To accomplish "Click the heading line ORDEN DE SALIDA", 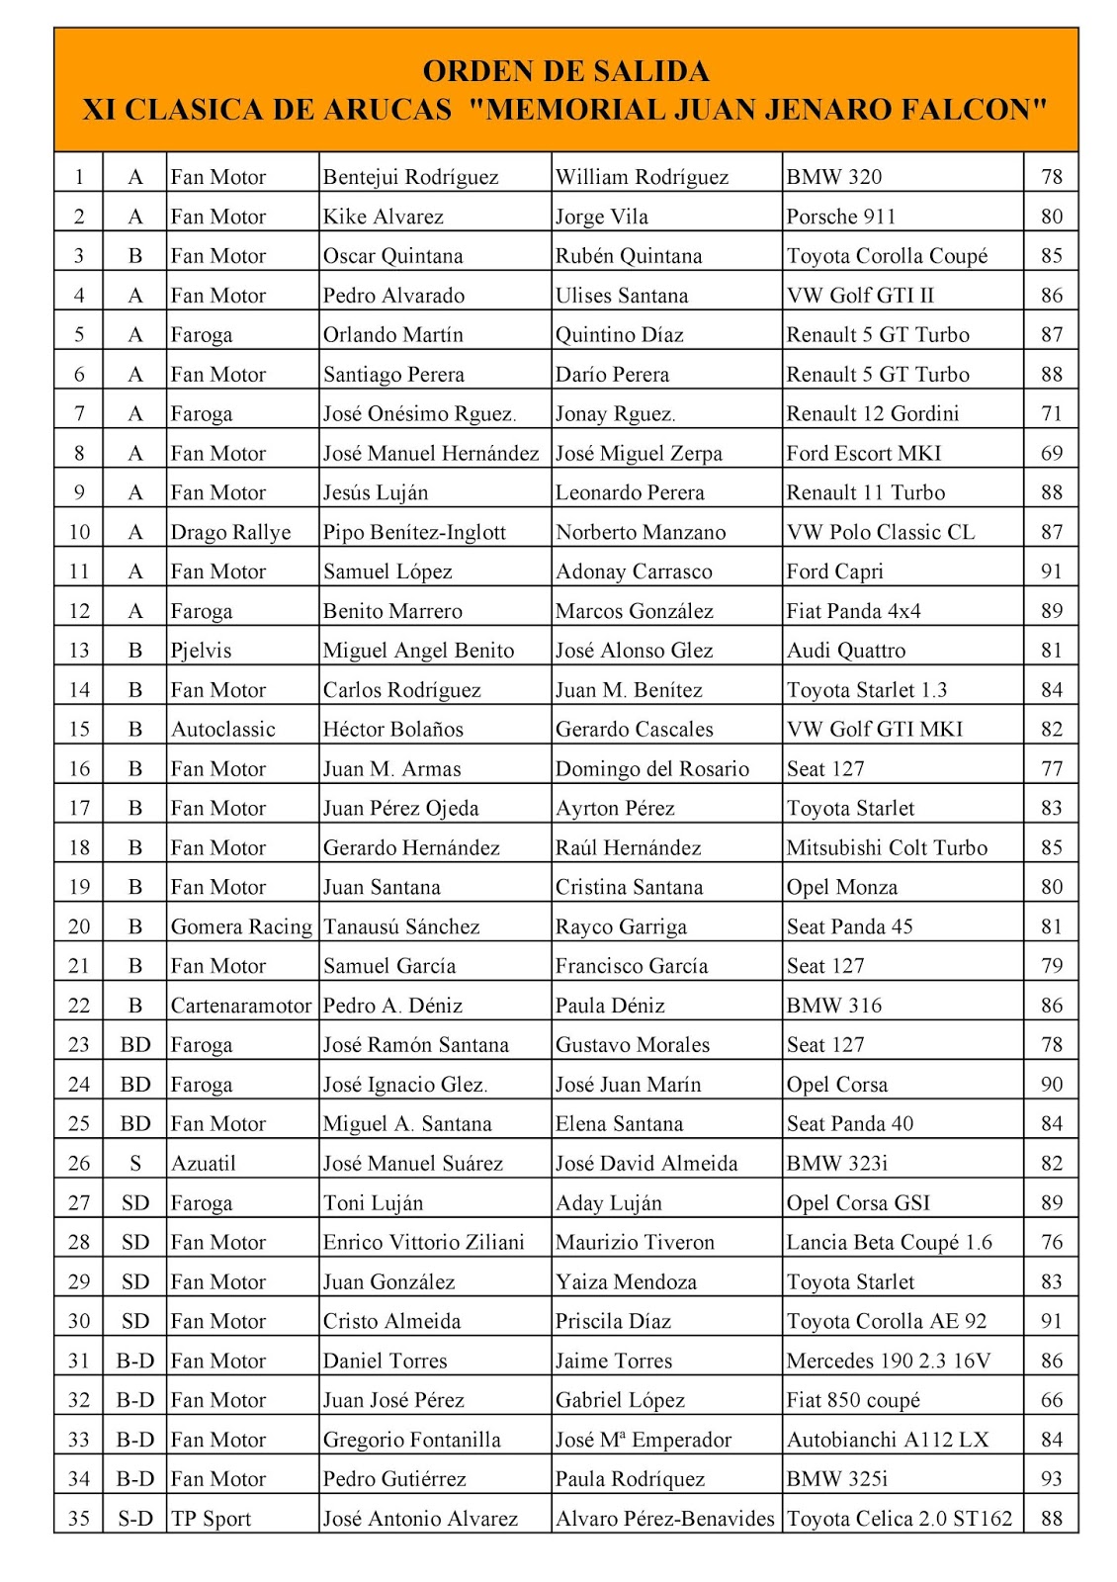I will pyautogui.click(x=565, y=71).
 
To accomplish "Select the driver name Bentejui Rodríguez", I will pyautogui.click(x=410, y=178).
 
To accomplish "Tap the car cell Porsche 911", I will pyautogui.click(x=840, y=218).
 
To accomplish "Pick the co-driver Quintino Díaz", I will pyautogui.click(x=619, y=335).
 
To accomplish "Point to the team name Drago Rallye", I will pyautogui.click(x=230, y=533).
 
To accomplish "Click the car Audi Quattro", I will pyautogui.click(x=845, y=651).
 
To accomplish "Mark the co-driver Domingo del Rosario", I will pyautogui.click(x=651, y=769).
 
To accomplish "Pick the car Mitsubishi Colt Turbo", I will pyautogui.click(x=887, y=848).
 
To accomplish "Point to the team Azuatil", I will pyautogui.click(x=204, y=1164).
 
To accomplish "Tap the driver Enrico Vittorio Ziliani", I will pyautogui.click(x=423, y=1243).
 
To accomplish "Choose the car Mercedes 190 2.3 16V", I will pyautogui.click(x=888, y=1362).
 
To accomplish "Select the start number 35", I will pyautogui.click(x=79, y=1519).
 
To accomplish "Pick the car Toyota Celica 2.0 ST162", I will pyautogui.click(x=899, y=1519).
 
